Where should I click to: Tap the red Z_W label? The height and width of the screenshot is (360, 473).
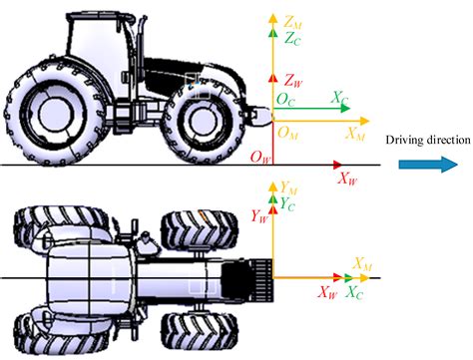tap(292, 80)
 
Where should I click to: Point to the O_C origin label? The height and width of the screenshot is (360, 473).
tap(286, 101)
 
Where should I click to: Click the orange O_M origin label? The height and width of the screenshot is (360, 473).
tap(287, 134)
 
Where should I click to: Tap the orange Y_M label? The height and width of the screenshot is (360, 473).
tap(290, 186)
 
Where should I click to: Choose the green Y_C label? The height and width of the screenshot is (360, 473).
tap(288, 202)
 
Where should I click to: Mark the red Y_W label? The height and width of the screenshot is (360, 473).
tap(259, 214)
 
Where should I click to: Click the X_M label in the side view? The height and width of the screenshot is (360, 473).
tap(353, 133)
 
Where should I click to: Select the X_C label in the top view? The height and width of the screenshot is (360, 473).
tap(354, 293)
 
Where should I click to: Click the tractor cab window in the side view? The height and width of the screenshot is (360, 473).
tap(96, 45)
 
